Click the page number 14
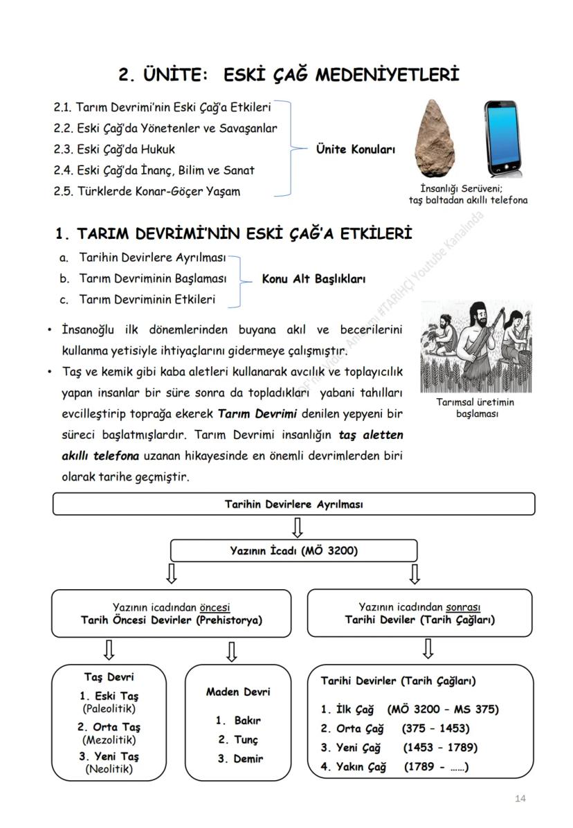point(520,798)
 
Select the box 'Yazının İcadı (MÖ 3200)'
point(293,551)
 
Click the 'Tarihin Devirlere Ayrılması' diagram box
point(293,504)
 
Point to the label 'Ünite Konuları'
point(355,149)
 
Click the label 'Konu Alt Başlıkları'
point(313,279)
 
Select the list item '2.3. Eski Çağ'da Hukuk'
point(114,149)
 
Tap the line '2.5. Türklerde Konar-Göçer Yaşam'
point(147,191)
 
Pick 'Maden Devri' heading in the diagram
point(238,692)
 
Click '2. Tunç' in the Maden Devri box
point(238,739)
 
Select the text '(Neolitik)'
point(109,768)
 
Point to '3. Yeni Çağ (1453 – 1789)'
point(399,748)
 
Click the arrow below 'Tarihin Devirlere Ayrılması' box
point(297,528)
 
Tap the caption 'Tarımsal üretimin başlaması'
point(475,408)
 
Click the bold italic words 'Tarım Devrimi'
point(257,414)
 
